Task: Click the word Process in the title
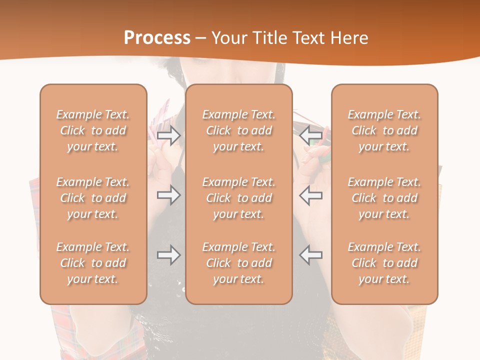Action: pos(157,37)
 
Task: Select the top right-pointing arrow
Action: pos(168,135)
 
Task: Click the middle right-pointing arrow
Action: pos(168,195)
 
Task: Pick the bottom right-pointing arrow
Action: pos(168,255)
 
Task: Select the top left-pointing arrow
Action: pos(311,135)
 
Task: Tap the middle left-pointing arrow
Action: pos(311,195)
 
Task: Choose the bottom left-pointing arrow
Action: pos(311,255)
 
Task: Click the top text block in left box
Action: pos(93,130)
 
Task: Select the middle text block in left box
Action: pos(93,198)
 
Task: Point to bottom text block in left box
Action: pos(93,263)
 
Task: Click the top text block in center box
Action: pos(239,130)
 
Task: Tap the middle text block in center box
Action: pos(239,198)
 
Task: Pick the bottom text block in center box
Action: pos(239,263)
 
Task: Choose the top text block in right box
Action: pos(384,130)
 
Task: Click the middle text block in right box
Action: pos(384,198)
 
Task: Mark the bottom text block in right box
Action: pos(384,263)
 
